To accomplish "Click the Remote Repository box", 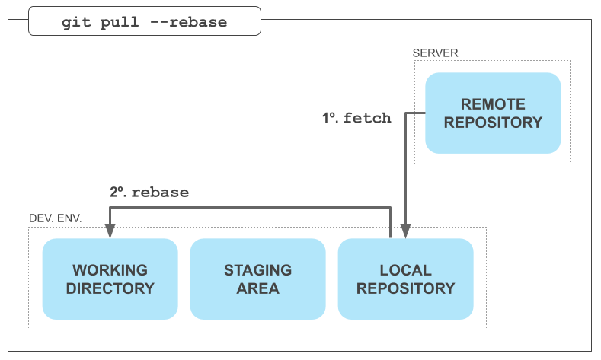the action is tap(493, 113).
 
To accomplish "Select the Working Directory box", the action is tap(110, 279).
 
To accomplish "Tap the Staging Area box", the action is tap(258, 279).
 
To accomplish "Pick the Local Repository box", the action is tap(405, 279).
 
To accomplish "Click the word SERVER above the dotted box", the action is tap(435, 53).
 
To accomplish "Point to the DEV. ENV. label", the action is tap(55, 218).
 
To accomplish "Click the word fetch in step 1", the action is tap(367, 118).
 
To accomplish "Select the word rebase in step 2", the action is tap(160, 193).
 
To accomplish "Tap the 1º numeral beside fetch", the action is tap(331, 118).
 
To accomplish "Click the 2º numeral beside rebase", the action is tap(118, 193).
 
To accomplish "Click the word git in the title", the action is tap(76, 22).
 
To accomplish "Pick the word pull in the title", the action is tap(119, 23).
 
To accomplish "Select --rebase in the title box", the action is tap(188, 22).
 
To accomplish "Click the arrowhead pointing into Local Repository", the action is tap(405, 231).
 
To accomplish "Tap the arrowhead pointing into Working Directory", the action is tap(110, 231).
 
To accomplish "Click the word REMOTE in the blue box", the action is tap(493, 104).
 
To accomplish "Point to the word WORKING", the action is tap(110, 270).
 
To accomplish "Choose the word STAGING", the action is tap(258, 270).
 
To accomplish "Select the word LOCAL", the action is tap(405, 270).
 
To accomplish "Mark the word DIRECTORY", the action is tap(110, 288).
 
